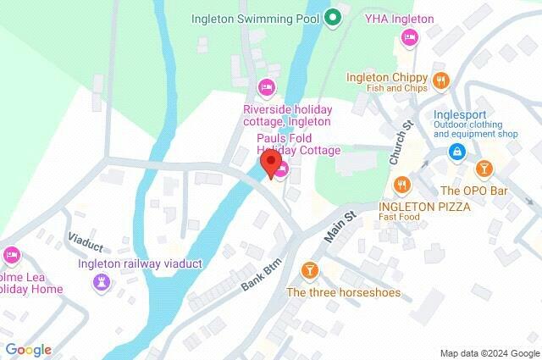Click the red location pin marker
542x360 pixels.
pyautogui.click(x=271, y=163)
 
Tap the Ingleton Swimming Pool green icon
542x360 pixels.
pyautogui.click(x=334, y=17)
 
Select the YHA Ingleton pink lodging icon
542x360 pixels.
pyautogui.click(x=410, y=36)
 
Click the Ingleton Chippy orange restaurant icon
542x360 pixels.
pyautogui.click(x=440, y=80)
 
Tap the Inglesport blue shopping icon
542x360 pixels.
pyautogui.click(x=457, y=151)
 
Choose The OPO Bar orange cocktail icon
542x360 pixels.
pyautogui.click(x=484, y=168)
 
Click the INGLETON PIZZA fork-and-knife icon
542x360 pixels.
pyautogui.click(x=402, y=184)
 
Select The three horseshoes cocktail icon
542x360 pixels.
pyautogui.click(x=309, y=270)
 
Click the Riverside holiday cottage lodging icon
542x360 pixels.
pyautogui.click(x=267, y=87)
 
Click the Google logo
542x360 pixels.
pyautogui.click(x=28, y=349)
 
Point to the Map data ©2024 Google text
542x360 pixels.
pyautogui.click(x=489, y=352)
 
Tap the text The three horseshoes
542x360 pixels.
pyautogui.click(x=343, y=293)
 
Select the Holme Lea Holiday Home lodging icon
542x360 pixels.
pyautogui.click(x=11, y=254)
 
